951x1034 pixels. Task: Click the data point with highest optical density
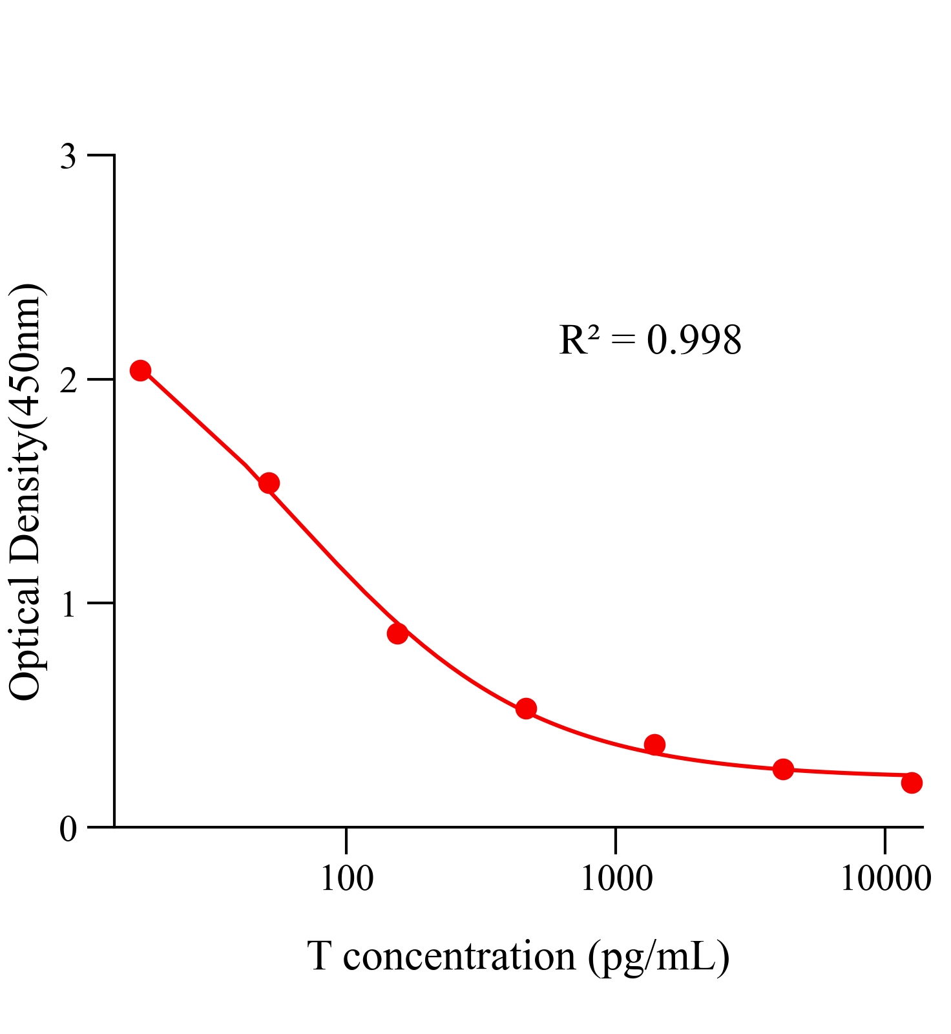(140, 370)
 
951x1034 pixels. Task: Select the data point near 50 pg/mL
(269, 483)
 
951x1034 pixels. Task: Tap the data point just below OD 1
(397, 633)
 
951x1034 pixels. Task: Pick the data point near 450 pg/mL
(526, 708)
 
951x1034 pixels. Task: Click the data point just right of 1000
(654, 744)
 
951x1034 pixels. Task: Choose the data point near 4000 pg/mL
(783, 769)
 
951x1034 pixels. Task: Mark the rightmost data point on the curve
(912, 783)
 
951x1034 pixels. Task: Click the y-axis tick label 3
(68, 157)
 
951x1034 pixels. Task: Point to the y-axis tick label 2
(68, 381)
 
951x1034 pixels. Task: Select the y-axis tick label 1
(68, 605)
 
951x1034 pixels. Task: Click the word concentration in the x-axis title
(459, 956)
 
